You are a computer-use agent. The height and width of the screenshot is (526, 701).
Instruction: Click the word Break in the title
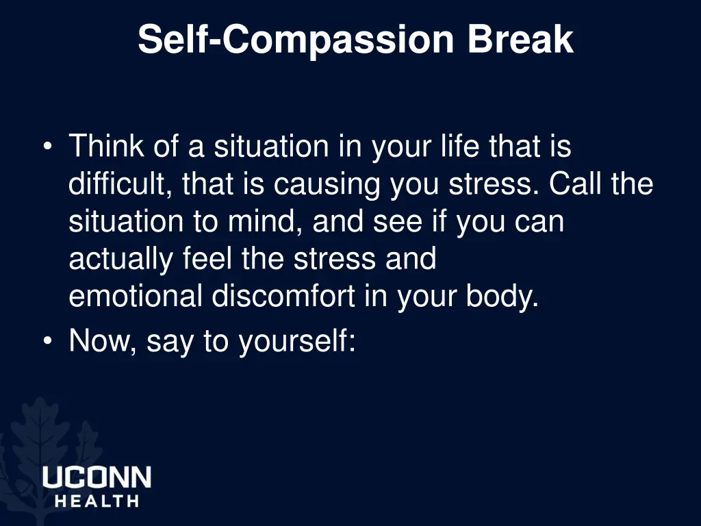[520, 39]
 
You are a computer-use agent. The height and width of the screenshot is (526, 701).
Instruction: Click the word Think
[106, 147]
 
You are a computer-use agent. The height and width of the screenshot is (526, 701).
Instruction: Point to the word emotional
[135, 297]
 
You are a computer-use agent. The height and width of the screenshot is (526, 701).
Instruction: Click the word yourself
[296, 341]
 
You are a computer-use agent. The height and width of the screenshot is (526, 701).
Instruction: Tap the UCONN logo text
[97, 477]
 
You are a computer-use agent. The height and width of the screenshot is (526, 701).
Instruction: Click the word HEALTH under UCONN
[97, 501]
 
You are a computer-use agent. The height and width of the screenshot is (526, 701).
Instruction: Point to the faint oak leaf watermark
[41, 431]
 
